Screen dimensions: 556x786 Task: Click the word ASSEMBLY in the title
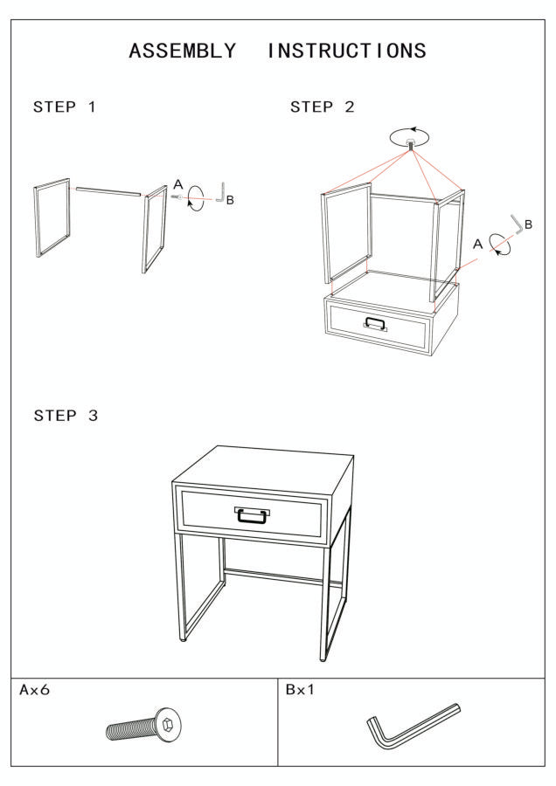click(182, 52)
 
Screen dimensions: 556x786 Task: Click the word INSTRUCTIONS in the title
click(346, 52)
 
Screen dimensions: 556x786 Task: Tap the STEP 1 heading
click(64, 107)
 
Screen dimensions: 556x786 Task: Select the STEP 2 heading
click(323, 107)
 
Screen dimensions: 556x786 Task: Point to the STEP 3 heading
click(66, 416)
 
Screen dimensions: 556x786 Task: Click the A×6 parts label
click(35, 690)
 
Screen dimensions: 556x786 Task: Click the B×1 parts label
click(300, 690)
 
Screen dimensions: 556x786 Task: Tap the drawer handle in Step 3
click(252, 514)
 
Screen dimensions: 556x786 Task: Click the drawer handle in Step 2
click(375, 324)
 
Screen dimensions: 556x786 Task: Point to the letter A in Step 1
click(178, 184)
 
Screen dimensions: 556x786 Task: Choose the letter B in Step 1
click(230, 200)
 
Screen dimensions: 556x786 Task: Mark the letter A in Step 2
click(477, 245)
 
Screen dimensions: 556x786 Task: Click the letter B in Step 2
click(528, 224)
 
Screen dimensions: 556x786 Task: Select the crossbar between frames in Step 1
click(108, 191)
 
